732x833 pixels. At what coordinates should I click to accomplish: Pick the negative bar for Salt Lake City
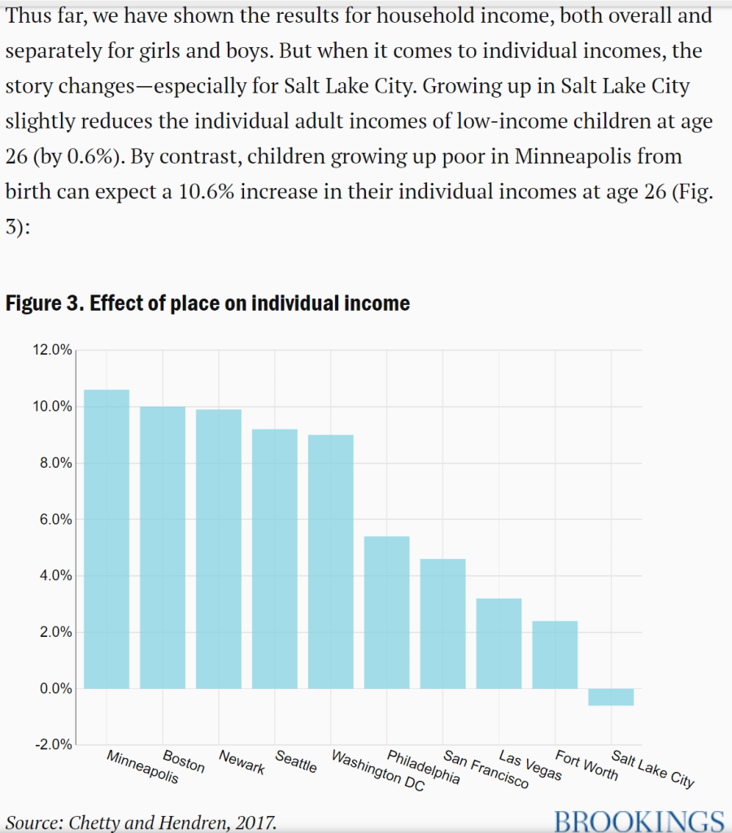[x=610, y=697]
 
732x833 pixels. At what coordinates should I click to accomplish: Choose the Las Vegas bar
[x=499, y=643]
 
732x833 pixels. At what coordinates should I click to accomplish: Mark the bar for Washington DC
[x=330, y=561]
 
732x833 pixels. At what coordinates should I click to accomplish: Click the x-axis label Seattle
[x=296, y=762]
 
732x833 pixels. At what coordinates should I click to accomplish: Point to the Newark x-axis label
[x=242, y=762]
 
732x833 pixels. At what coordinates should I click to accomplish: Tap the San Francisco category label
[x=486, y=771]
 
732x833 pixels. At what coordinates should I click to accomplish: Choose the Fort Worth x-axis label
[x=586, y=765]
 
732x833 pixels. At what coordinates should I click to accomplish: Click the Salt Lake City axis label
[x=653, y=770]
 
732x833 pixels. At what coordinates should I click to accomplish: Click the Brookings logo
[x=638, y=820]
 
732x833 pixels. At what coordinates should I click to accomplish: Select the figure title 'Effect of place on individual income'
[x=207, y=303]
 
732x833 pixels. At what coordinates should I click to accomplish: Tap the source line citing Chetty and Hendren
[x=141, y=822]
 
